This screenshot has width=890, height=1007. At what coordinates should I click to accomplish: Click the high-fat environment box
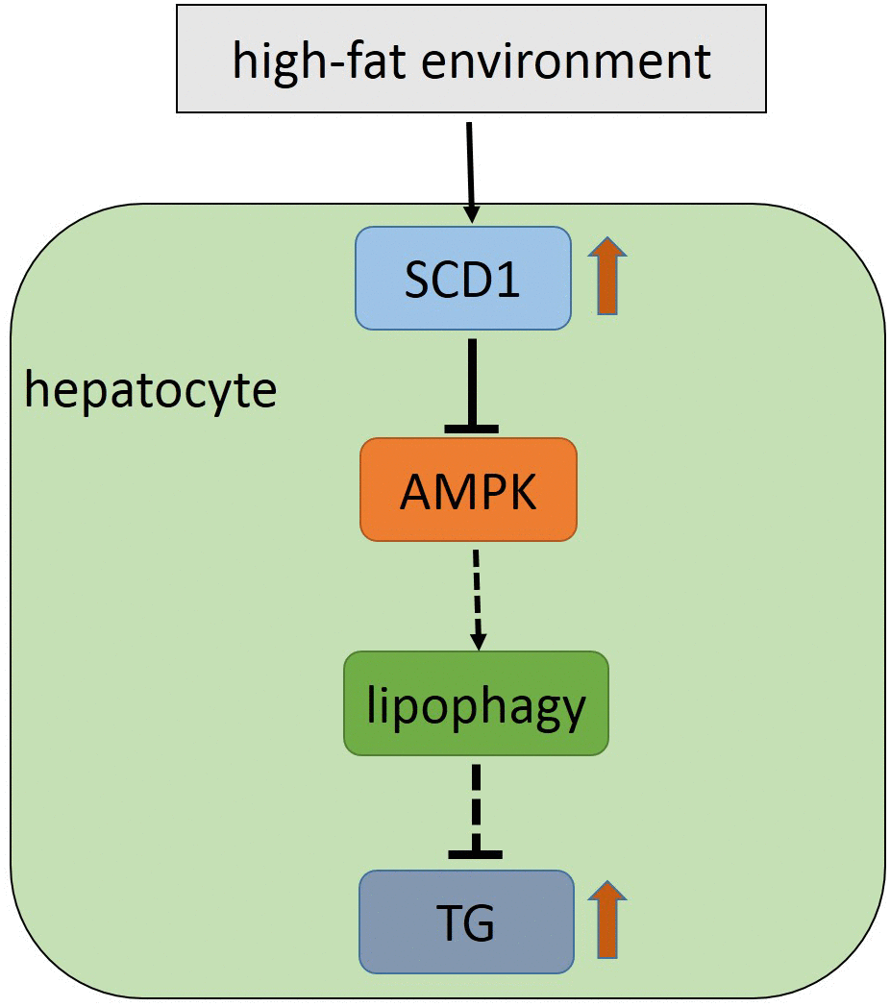pos(471,59)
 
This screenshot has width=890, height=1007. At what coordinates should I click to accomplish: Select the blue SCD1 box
pos(463,279)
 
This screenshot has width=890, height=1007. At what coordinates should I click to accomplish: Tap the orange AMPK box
pos(468,490)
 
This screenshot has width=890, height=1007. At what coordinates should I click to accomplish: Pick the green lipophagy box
pos(476,702)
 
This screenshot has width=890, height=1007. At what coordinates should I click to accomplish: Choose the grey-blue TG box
pos(466,921)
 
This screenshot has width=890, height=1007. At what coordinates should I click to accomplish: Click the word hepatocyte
pos(150,391)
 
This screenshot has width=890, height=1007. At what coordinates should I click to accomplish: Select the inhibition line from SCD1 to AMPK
pos(472,380)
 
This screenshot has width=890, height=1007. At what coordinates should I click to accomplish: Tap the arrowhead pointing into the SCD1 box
pos(472,216)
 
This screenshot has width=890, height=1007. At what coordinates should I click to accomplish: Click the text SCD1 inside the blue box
pos(462,279)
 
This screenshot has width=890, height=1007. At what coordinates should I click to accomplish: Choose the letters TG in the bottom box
pos(466,922)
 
